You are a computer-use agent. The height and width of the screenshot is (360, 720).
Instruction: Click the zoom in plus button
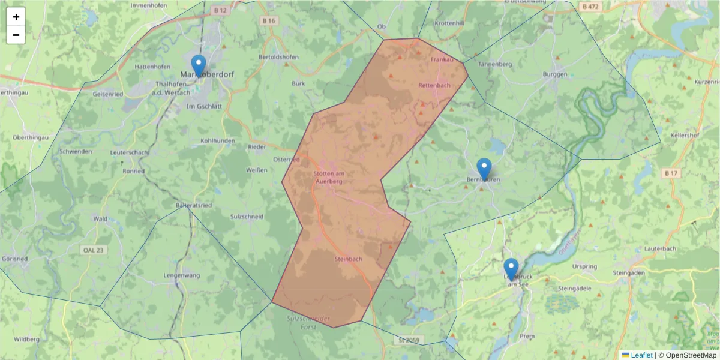click(16, 17)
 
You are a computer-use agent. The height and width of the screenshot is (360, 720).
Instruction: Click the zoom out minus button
click(16, 35)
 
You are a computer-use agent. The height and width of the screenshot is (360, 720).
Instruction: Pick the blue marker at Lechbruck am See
click(511, 269)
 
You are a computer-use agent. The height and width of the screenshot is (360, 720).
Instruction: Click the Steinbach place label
click(348, 259)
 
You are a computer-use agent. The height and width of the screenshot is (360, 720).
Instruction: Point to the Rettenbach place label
click(434, 85)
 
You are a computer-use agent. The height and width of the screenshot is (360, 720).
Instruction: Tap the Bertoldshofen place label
click(278, 57)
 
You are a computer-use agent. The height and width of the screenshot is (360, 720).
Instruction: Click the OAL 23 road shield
click(93, 250)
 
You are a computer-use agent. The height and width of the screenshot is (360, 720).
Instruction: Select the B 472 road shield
click(591, 7)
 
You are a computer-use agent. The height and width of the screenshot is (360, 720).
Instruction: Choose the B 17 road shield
click(671, 173)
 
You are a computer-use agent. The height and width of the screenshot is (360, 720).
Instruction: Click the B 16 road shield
click(269, 20)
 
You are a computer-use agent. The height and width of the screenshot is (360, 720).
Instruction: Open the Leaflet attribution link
click(641, 355)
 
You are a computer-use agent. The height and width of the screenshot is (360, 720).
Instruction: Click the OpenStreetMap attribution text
click(691, 355)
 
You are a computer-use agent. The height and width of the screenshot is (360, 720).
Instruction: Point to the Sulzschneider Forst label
click(308, 320)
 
